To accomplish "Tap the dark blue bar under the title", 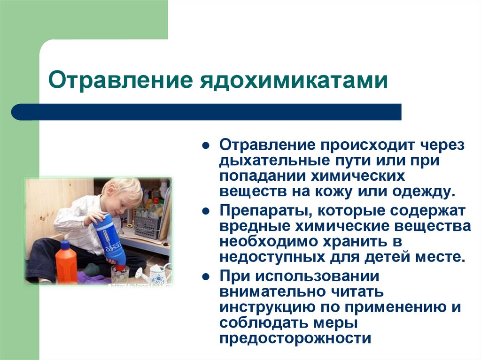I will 207,112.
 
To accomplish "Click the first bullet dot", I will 205,146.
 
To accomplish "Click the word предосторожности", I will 295,338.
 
